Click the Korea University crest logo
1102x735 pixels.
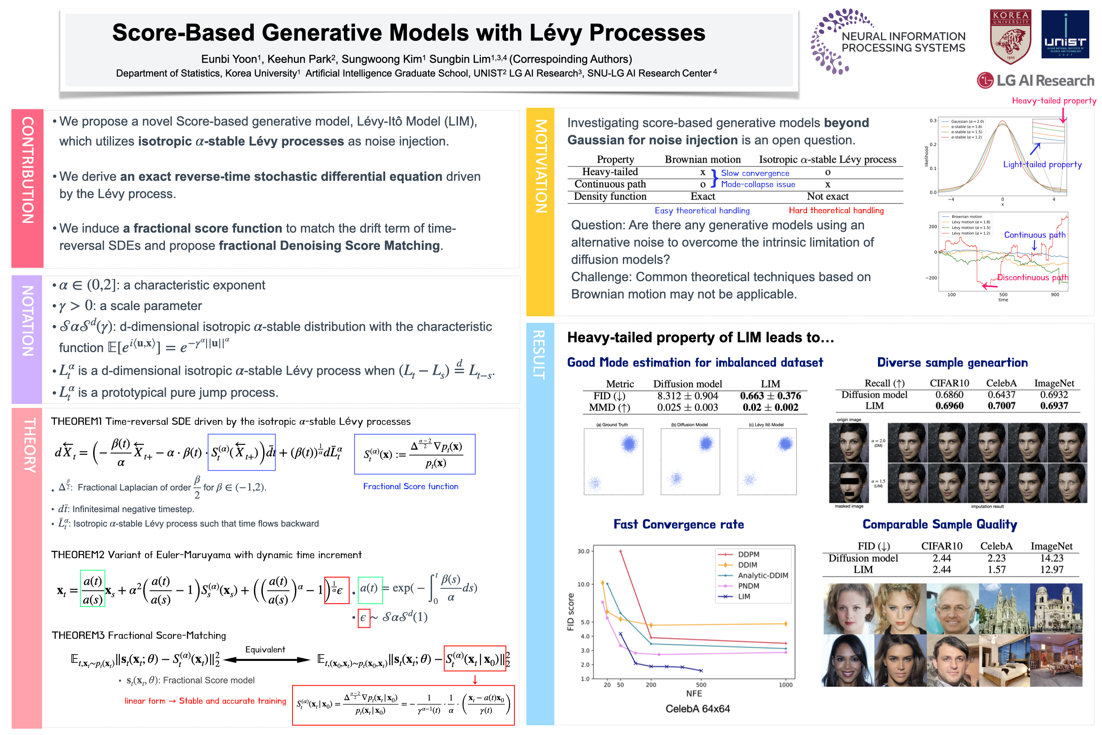[x=1010, y=37]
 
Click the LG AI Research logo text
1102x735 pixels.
[x=1045, y=81]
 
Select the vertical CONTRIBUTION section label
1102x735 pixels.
[x=27, y=170]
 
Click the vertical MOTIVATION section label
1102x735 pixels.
[x=541, y=166]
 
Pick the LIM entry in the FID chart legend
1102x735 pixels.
[x=744, y=596]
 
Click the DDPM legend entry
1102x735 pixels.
[x=748, y=554]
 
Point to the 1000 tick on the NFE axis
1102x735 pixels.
[x=785, y=684]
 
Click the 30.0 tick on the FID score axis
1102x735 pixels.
[x=583, y=551]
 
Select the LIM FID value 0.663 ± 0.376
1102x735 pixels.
[x=770, y=396]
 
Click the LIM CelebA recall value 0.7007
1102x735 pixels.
[x=1001, y=405]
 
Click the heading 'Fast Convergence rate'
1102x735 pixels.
[x=679, y=524]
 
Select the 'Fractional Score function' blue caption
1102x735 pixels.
[x=410, y=486]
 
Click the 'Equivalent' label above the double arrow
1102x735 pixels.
[x=265, y=649]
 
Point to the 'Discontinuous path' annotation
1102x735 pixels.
[x=1032, y=277]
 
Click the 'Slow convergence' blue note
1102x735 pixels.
[x=755, y=173]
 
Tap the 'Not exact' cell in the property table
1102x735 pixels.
[x=827, y=197]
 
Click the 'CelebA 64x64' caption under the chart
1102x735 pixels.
[x=697, y=709]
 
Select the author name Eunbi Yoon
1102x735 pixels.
[x=229, y=59]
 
